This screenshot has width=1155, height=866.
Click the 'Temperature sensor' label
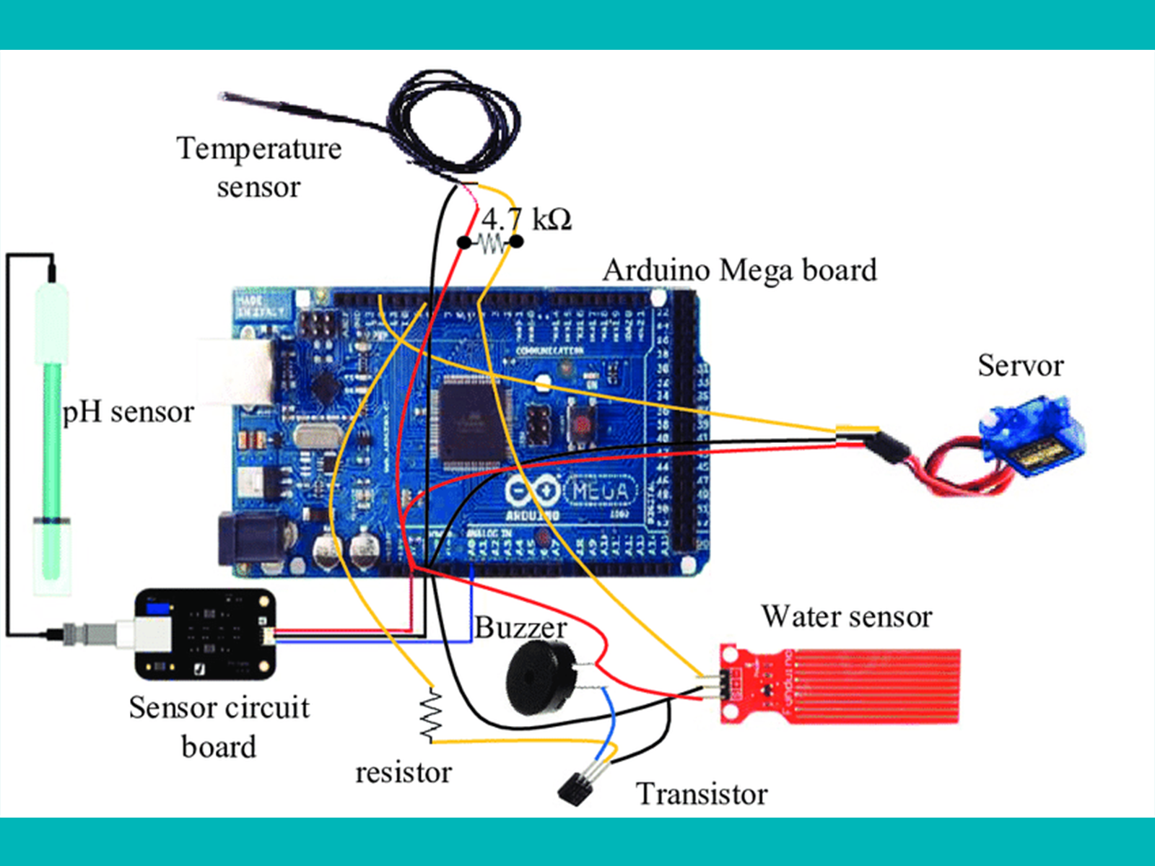(x=258, y=167)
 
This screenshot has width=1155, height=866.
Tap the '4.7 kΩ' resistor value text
(x=527, y=219)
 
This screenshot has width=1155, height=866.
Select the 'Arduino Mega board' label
(x=739, y=271)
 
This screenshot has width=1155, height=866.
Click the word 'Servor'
(x=1020, y=366)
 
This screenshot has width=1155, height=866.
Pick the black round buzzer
(x=538, y=677)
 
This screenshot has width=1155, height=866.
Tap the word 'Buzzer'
(x=520, y=627)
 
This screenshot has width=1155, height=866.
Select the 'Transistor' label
(x=702, y=794)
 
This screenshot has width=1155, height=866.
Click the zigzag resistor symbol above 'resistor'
(x=431, y=715)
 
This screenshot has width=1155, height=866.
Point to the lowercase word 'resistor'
(x=404, y=773)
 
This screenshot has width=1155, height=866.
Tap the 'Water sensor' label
(x=847, y=617)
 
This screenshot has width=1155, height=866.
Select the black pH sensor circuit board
(x=206, y=634)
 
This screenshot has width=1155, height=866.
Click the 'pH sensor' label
(x=128, y=412)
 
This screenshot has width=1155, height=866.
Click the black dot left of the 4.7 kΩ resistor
(x=464, y=242)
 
